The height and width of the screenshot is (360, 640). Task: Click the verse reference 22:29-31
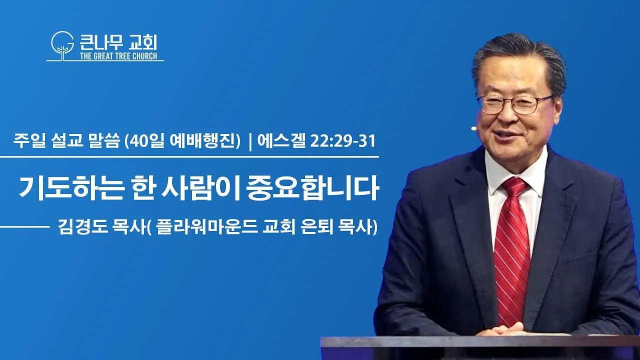point(342,142)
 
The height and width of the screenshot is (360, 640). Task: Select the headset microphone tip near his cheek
point(473,128)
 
